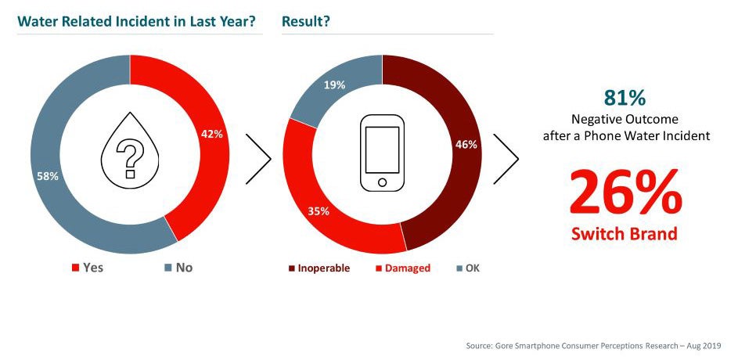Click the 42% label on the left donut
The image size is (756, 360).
click(211, 134)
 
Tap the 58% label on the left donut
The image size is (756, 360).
click(48, 176)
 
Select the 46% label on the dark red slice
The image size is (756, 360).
click(466, 145)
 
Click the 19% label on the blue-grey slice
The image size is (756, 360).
click(335, 85)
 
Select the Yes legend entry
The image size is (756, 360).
click(87, 268)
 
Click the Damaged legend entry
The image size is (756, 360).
click(403, 268)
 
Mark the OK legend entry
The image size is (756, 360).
click(467, 268)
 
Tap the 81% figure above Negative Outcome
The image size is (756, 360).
click(625, 98)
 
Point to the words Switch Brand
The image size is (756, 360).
click(625, 234)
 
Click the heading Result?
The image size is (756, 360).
click(305, 21)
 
